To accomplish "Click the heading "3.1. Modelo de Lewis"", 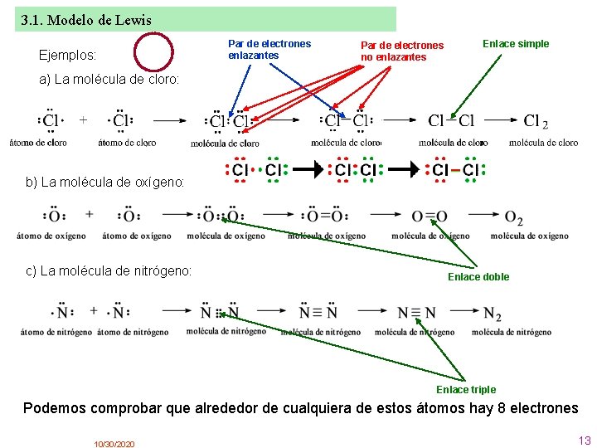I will point(85,19).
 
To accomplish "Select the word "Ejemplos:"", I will point(68,56).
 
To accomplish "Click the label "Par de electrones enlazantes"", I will point(269,49).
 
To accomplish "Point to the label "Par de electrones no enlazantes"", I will point(402,51).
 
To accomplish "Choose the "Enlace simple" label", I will point(516,44).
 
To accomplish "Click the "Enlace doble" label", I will point(478,276).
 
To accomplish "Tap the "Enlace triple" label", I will point(466,389).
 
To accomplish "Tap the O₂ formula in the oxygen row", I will point(514,218).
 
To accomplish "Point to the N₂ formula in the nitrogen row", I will point(493,314).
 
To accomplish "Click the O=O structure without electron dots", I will point(430,217).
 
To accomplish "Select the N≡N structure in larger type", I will point(416,313).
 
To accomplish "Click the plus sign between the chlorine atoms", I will point(84,119).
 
